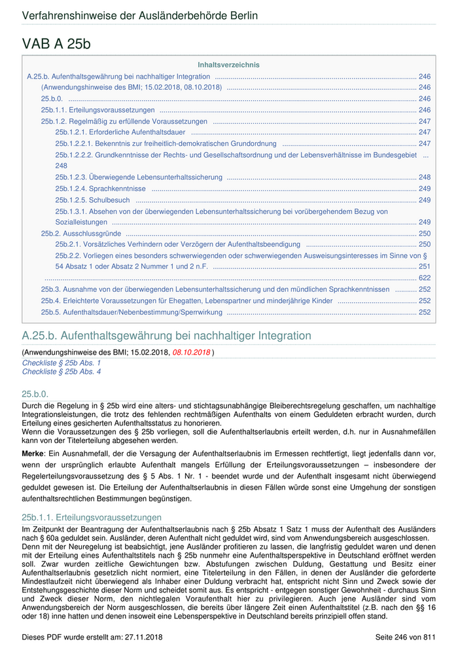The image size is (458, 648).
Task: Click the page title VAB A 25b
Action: tap(56, 44)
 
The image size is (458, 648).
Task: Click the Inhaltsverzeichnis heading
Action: tap(228, 65)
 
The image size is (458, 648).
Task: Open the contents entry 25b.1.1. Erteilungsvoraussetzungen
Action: tap(97, 110)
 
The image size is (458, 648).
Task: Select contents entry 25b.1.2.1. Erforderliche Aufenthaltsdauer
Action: tap(120, 132)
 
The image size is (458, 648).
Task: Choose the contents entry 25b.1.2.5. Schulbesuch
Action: tap(92, 200)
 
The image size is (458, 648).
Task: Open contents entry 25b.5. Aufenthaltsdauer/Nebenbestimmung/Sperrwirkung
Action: tap(132, 312)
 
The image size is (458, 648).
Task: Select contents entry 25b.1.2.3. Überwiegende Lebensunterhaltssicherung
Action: tap(139, 177)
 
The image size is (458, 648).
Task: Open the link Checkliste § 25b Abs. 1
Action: tap(62, 363)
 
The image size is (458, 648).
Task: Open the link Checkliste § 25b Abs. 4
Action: tap(62, 371)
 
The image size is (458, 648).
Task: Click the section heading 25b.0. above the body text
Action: tap(35, 394)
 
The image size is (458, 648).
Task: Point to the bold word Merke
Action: tap(33, 453)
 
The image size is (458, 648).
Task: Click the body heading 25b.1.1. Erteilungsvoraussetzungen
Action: tap(92, 517)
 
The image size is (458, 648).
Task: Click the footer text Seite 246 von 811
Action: tap(405, 636)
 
